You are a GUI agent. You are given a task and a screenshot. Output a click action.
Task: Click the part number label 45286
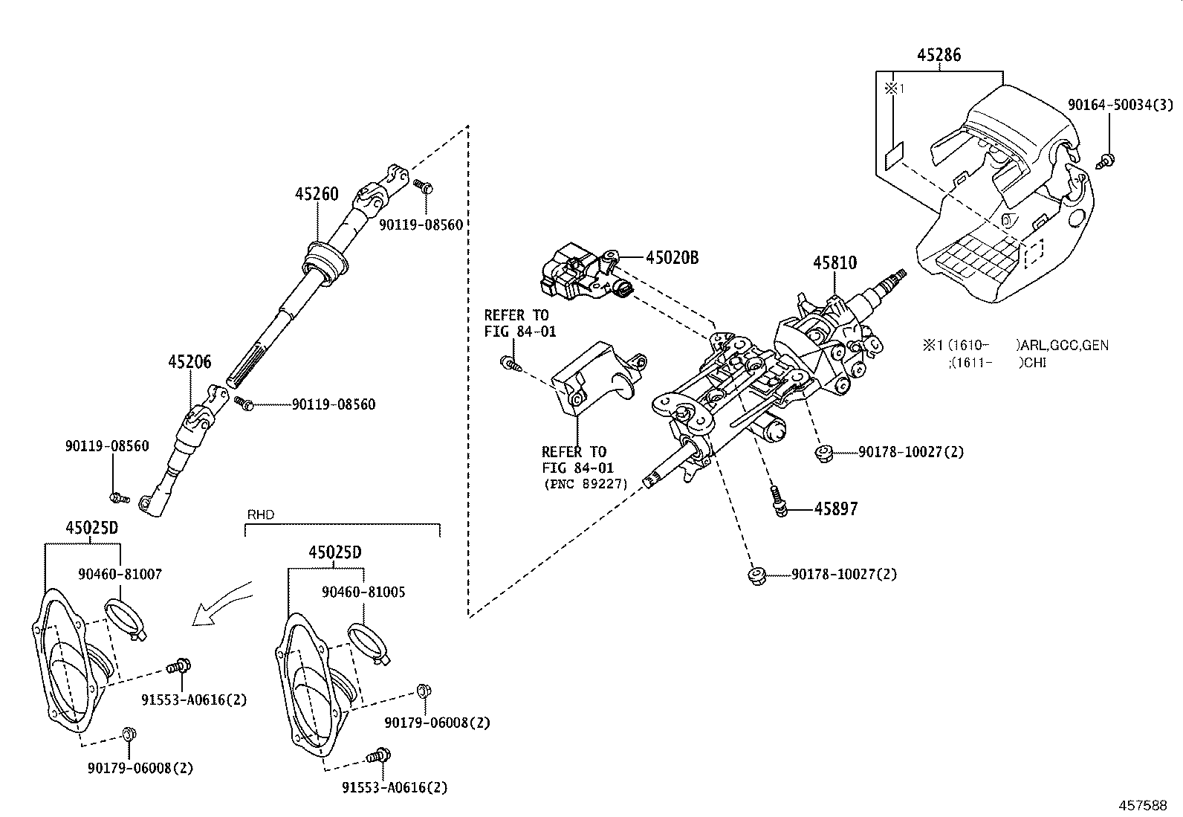[x=939, y=55]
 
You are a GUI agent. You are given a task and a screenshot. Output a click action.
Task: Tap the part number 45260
[x=317, y=194]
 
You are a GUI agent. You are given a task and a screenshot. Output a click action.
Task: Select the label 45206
[x=189, y=362]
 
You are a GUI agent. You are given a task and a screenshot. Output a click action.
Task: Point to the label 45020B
[x=672, y=258]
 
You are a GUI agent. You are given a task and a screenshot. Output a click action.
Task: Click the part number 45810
[x=834, y=262]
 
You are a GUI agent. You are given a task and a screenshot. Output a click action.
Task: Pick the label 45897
[x=836, y=509]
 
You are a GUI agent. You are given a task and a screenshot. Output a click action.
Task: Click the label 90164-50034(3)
[x=1120, y=105]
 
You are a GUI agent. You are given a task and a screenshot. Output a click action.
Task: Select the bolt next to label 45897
[x=778, y=501]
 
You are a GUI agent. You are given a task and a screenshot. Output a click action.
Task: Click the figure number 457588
[x=1142, y=805]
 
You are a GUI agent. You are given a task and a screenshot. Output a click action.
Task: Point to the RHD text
[x=261, y=514]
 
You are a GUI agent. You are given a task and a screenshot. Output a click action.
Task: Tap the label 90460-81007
[x=120, y=575]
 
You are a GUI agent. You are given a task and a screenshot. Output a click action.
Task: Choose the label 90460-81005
[x=363, y=592]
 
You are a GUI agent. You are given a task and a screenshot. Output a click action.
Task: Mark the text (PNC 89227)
[x=586, y=484]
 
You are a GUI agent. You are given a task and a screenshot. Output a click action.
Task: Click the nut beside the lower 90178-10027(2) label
[x=758, y=576]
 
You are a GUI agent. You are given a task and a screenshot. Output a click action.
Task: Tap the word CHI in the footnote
[x=1034, y=363]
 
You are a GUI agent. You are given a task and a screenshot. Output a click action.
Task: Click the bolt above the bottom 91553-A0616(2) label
[x=379, y=756]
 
